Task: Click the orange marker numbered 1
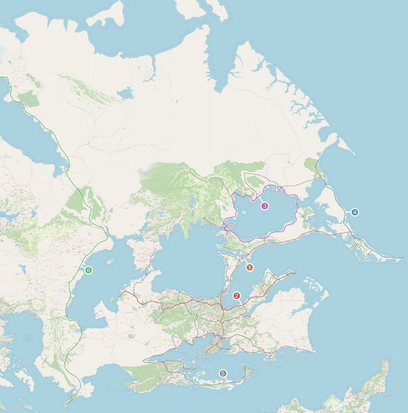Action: tap(250, 267)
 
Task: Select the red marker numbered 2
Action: tap(237, 296)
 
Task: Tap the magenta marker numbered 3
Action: tap(264, 205)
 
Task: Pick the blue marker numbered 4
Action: tap(355, 212)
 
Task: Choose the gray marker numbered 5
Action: tap(222, 373)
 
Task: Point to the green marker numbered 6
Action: tap(88, 270)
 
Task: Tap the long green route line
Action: tap(65, 172)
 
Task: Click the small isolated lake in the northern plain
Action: tap(125, 93)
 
